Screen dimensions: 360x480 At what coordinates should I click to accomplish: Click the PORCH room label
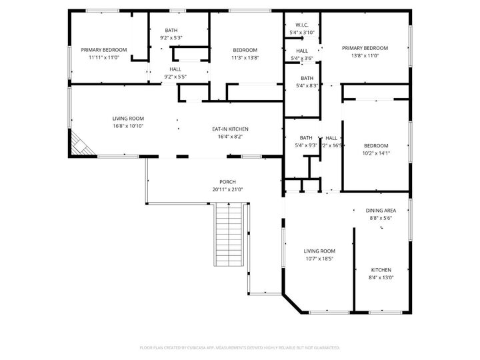pyautogui.click(x=227, y=182)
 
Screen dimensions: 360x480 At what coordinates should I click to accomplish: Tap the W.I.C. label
pyautogui.click(x=302, y=25)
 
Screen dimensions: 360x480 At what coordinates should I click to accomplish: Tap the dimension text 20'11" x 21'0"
pyautogui.click(x=227, y=189)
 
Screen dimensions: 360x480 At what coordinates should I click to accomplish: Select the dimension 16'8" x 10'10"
pyautogui.click(x=128, y=125)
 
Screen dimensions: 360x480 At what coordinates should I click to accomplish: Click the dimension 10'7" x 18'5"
pyautogui.click(x=319, y=259)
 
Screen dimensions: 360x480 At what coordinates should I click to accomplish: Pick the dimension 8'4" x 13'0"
pyautogui.click(x=381, y=277)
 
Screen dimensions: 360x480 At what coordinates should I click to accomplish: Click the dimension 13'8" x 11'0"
pyautogui.click(x=365, y=57)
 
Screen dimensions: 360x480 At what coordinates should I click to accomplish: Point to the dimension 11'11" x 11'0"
pyautogui.click(x=103, y=57)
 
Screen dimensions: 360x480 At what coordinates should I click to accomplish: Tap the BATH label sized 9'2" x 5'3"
pyautogui.click(x=171, y=30)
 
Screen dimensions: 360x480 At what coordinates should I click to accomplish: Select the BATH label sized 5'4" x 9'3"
pyautogui.click(x=306, y=137)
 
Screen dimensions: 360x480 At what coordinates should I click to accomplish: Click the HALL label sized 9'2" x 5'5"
pyautogui.click(x=175, y=69)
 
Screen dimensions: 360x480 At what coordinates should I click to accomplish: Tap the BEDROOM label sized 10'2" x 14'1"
pyautogui.click(x=376, y=145)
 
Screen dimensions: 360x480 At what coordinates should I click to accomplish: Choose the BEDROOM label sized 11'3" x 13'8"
pyautogui.click(x=245, y=50)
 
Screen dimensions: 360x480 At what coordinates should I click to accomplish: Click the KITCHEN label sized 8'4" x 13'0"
pyautogui.click(x=381, y=269)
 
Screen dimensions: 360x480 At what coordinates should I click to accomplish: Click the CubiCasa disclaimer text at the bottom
pyautogui.click(x=240, y=347)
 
